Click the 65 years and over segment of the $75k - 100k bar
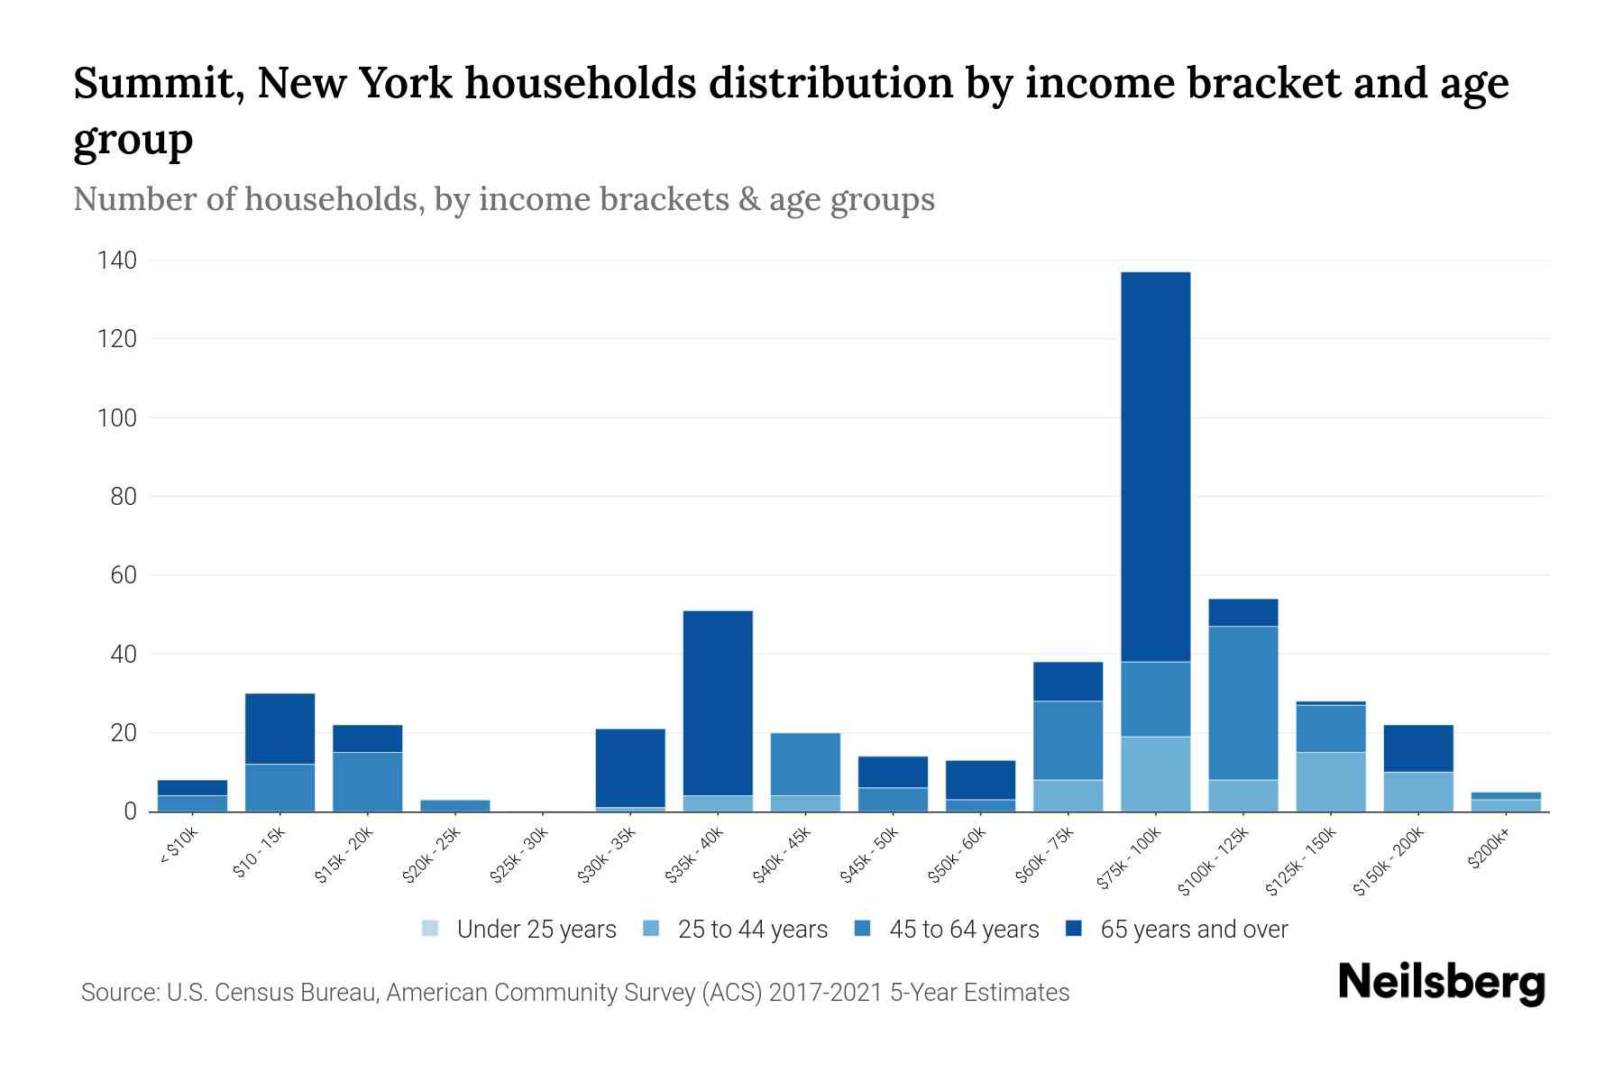tap(1155, 466)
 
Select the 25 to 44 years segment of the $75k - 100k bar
tap(1155, 774)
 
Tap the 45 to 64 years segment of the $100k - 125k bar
tap(1242, 702)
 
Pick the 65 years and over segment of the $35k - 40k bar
tap(718, 702)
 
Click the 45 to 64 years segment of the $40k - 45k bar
tap(805, 764)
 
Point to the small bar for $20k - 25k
tap(455, 805)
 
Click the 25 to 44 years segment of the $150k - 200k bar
tap(1417, 792)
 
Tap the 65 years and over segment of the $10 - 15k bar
tap(280, 729)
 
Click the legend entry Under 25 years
tap(519, 929)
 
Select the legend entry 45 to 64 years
tap(947, 929)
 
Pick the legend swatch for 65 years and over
tap(1074, 929)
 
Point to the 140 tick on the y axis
tap(117, 261)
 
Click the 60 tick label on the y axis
tap(123, 575)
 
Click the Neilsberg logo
tap(1441, 983)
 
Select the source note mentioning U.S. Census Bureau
tap(575, 993)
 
